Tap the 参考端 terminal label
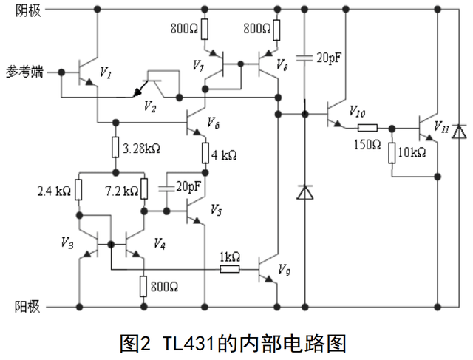[25, 72]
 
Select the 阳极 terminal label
[27, 305]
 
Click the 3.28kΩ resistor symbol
[116, 146]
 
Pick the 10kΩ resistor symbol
[391, 152]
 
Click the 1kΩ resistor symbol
[230, 269]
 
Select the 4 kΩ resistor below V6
[204, 153]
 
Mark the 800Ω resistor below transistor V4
[143, 285]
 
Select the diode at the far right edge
[458, 132]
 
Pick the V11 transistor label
[441, 125]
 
